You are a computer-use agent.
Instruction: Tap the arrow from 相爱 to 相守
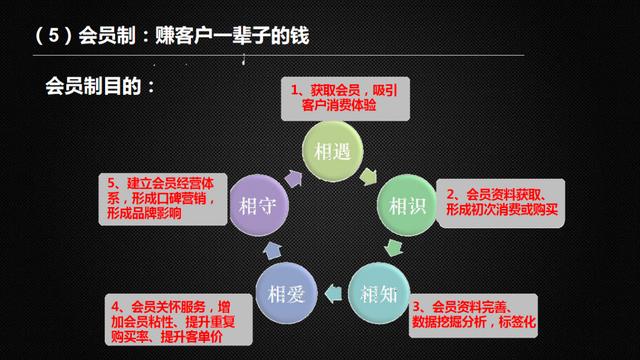click(265, 249)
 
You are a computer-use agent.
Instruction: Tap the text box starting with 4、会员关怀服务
click(174, 319)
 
